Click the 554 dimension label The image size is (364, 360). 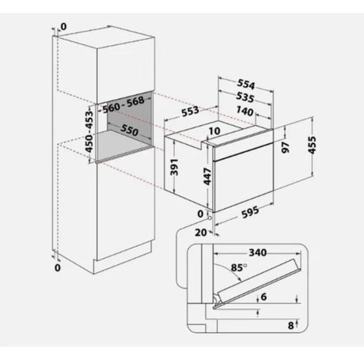click(x=246, y=84)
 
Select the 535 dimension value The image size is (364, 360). click(x=245, y=97)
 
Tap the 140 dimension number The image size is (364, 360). click(x=245, y=111)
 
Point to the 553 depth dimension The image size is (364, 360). click(x=190, y=111)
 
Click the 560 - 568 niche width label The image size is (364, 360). click(x=123, y=104)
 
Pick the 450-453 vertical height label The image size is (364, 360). click(x=89, y=131)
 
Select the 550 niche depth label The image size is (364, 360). click(x=129, y=130)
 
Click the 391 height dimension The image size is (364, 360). click(x=174, y=167)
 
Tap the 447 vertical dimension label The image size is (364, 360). click(x=207, y=176)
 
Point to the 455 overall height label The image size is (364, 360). click(x=312, y=145)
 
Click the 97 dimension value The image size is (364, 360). click(x=286, y=147)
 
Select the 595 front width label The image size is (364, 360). click(x=250, y=211)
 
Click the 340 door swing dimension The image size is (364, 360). click(x=258, y=252)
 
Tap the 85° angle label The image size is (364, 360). click(x=239, y=267)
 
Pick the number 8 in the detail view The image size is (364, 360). click(x=290, y=325)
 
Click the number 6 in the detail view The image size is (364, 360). click(x=264, y=297)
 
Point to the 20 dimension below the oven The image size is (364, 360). click(x=201, y=233)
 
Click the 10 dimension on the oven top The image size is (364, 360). click(x=214, y=131)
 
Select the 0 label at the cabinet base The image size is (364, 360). click(x=57, y=267)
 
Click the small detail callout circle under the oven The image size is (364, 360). click(x=210, y=218)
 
